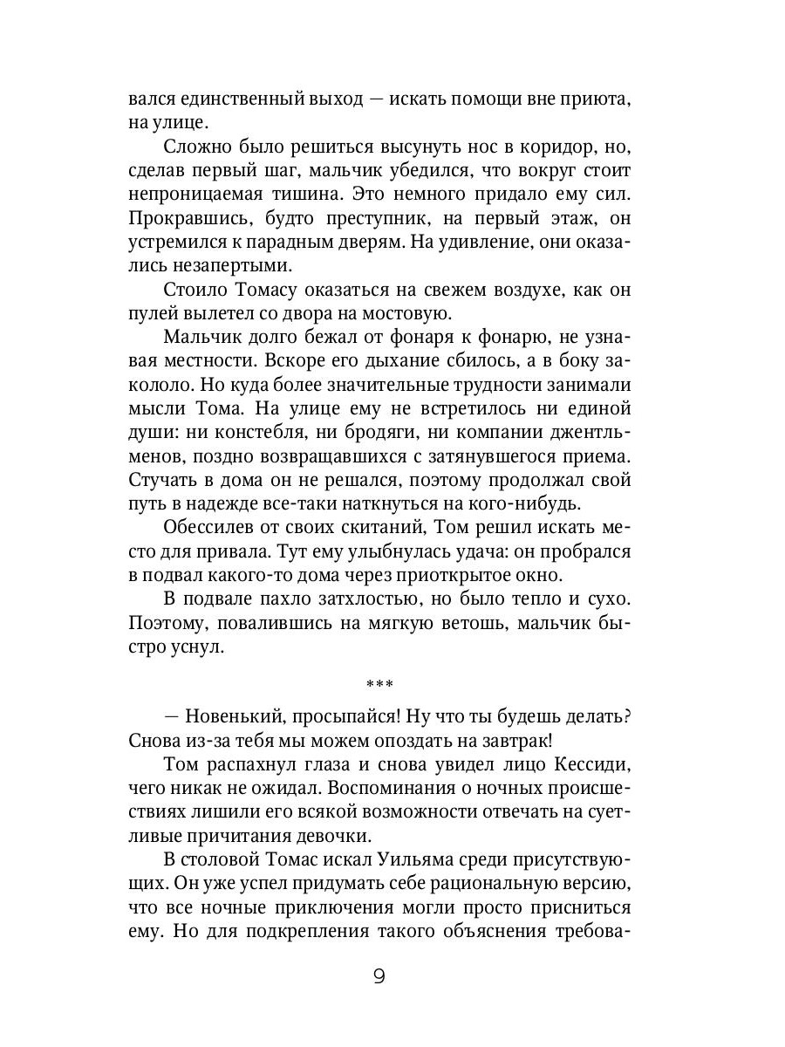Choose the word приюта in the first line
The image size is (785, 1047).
[595, 99]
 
